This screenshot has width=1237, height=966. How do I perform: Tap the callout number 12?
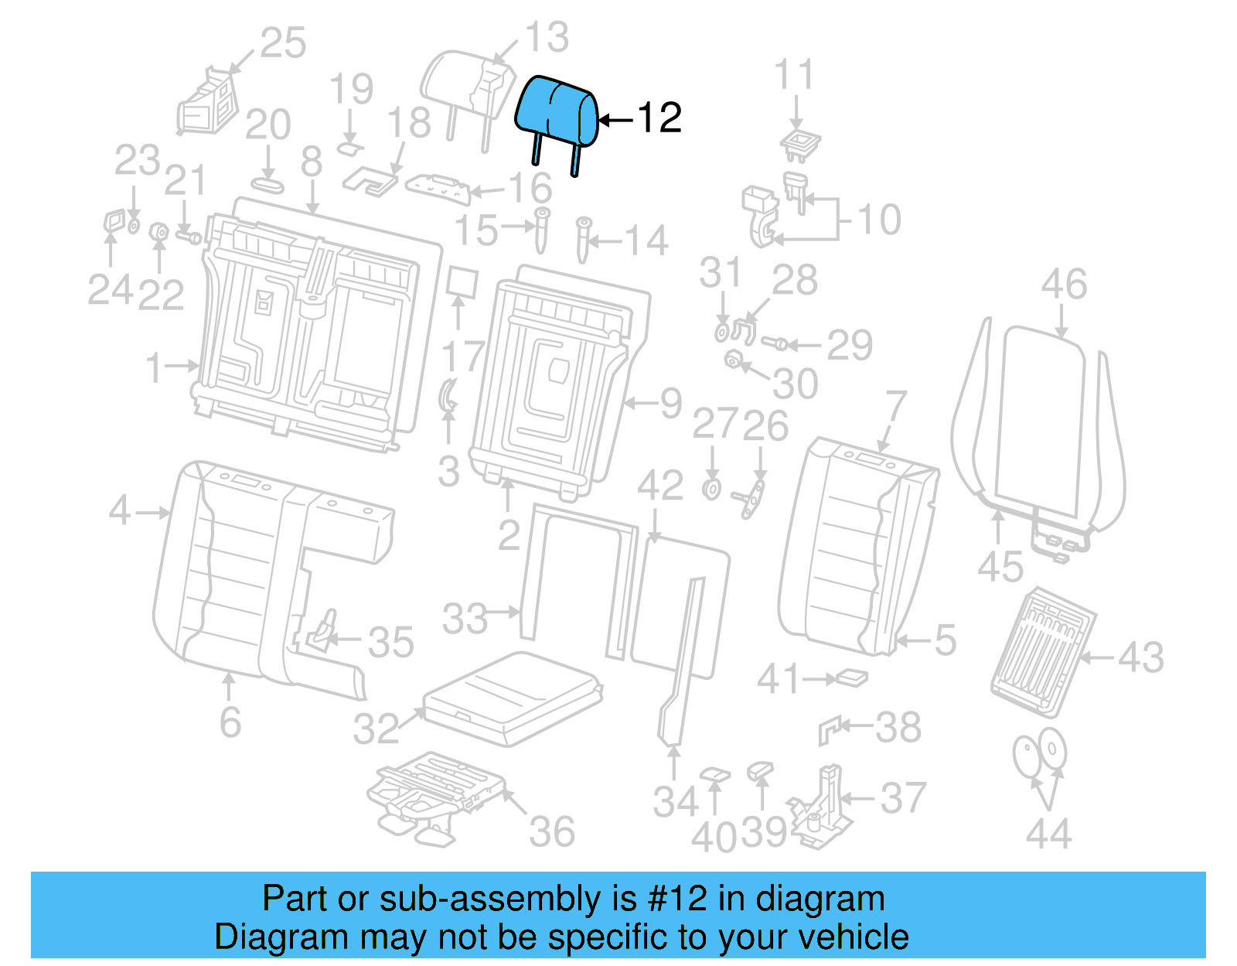pyautogui.click(x=659, y=118)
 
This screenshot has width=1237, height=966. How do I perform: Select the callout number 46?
pyautogui.click(x=1063, y=285)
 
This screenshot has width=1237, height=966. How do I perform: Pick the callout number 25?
pyautogui.click(x=282, y=43)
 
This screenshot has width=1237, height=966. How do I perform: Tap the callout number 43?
pyautogui.click(x=1140, y=657)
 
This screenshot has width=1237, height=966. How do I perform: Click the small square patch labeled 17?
pyautogui.click(x=462, y=282)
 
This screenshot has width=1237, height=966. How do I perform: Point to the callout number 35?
pyautogui.click(x=390, y=642)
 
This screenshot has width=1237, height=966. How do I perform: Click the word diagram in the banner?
pyautogui.click(x=820, y=899)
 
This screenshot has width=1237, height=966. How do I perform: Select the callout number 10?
pyautogui.click(x=880, y=220)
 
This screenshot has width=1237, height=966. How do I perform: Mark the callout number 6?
pyautogui.click(x=230, y=722)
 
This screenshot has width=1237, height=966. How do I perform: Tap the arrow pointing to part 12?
pyautogui.click(x=616, y=120)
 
